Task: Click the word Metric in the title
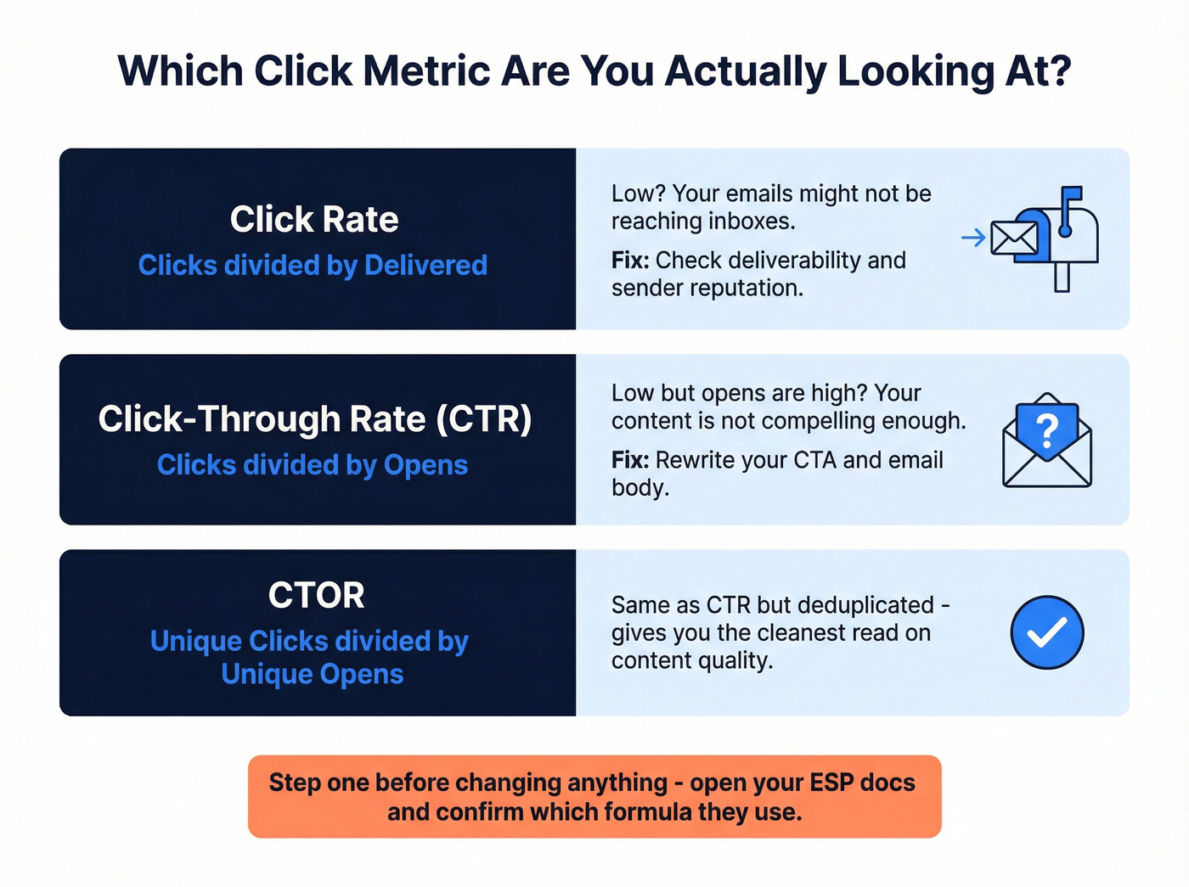(x=427, y=71)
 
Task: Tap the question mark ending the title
(x=1059, y=71)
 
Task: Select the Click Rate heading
(x=314, y=220)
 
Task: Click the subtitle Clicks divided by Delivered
(x=313, y=266)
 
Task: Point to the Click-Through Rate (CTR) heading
(x=315, y=419)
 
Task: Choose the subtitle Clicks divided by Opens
(x=313, y=465)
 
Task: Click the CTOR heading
(x=316, y=596)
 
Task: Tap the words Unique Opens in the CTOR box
(x=313, y=674)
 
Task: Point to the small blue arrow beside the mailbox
(x=973, y=239)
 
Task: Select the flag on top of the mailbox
(x=1072, y=197)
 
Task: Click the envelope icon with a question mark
(x=1047, y=441)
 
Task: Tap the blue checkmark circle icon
(x=1047, y=632)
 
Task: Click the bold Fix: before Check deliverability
(x=630, y=261)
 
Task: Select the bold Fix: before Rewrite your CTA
(x=630, y=460)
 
